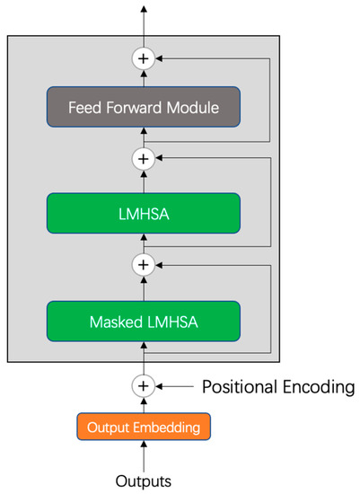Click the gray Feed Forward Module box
(144, 107)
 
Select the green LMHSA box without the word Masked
(144, 213)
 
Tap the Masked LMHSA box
(144, 320)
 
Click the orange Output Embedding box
(144, 426)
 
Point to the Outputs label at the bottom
(144, 481)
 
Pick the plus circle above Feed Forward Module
(144, 58)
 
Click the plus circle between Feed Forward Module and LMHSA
(144, 159)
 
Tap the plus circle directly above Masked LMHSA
(144, 265)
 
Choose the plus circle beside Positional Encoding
(144, 385)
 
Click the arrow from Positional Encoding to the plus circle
(175, 385)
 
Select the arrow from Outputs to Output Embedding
(144, 454)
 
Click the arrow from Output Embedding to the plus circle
(144, 403)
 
